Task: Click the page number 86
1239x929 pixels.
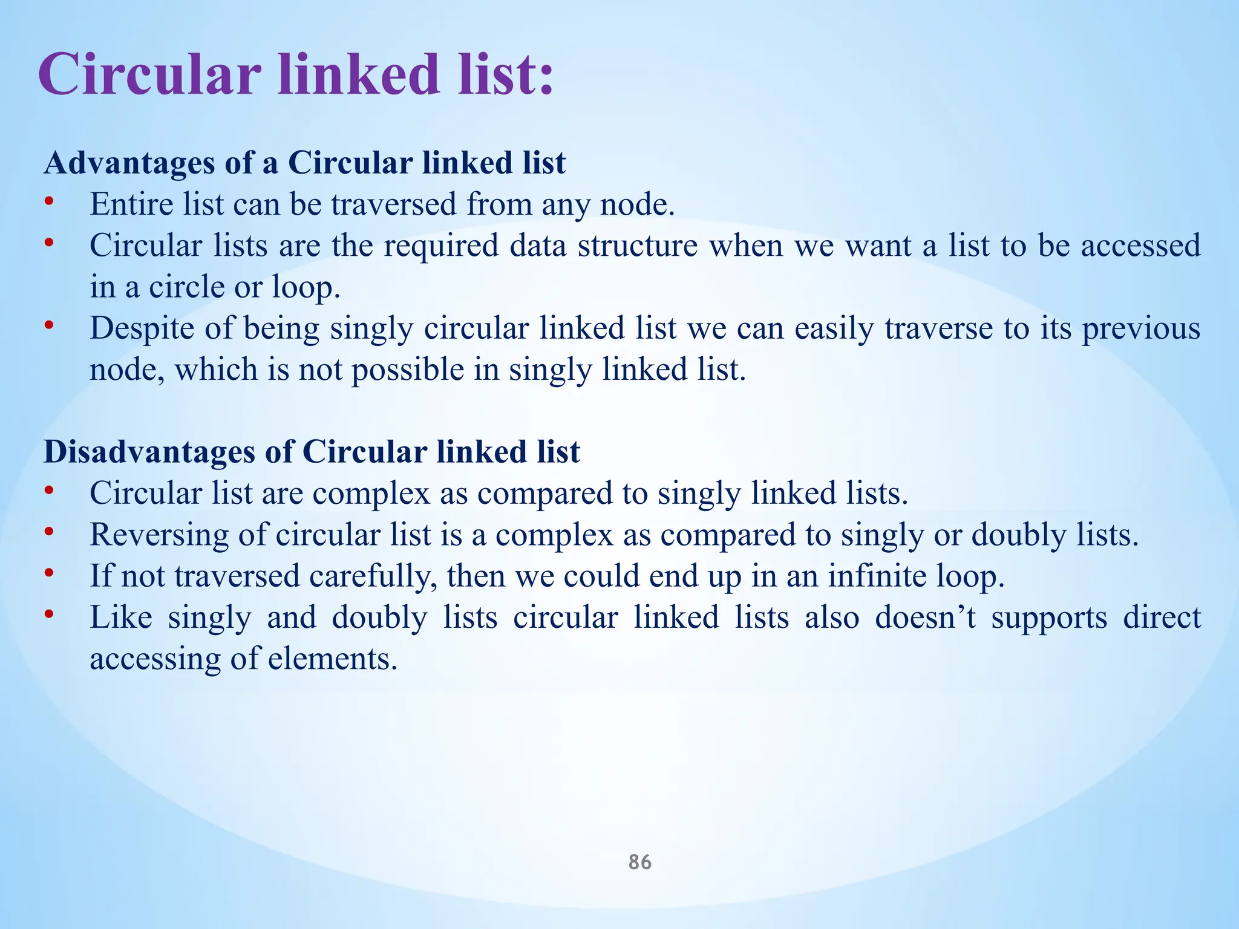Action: pyautogui.click(x=640, y=862)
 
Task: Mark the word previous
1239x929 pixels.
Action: pyautogui.click(x=1141, y=328)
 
